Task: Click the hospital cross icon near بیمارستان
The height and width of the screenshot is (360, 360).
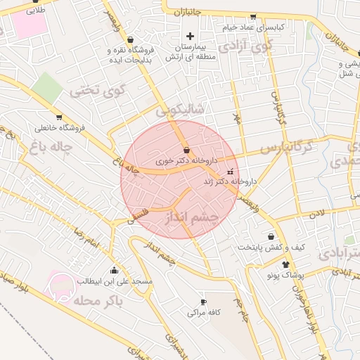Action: tap(189, 36)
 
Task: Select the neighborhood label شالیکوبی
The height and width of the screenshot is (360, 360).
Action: tap(180, 110)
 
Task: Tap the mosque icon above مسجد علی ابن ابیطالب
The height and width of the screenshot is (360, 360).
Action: tap(114, 270)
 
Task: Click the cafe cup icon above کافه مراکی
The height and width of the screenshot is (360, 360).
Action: tap(204, 301)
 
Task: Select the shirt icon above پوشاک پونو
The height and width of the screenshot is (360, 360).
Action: tap(285, 264)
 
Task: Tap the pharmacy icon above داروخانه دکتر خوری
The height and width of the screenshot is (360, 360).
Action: tap(186, 150)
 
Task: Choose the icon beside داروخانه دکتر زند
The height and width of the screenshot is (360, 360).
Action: tap(229, 171)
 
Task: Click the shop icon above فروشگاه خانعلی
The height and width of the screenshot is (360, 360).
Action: tap(59, 117)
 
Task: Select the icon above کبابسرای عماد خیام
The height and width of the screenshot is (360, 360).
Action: tap(252, 16)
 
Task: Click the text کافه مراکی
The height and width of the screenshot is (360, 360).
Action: tap(205, 312)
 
